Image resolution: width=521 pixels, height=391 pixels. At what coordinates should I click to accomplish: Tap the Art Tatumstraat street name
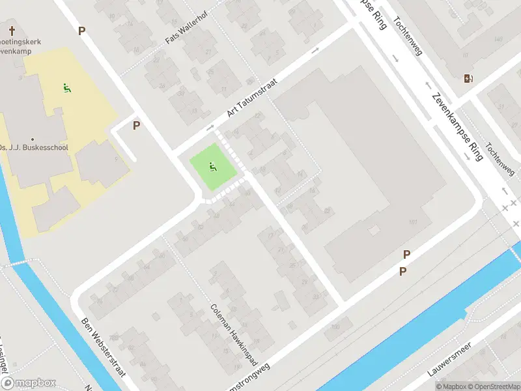pos(252,98)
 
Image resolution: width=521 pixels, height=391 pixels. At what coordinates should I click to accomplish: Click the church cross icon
pos(12,31)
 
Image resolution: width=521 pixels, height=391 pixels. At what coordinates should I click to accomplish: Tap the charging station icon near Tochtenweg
pos(468,79)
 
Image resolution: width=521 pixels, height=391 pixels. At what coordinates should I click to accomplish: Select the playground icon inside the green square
pos(212,168)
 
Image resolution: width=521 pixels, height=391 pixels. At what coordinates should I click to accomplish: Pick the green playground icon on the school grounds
pos(66,87)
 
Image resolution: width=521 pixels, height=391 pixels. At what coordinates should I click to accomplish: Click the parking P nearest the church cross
pos(81,31)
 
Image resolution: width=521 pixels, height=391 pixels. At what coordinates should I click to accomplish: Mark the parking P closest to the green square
pos(136,125)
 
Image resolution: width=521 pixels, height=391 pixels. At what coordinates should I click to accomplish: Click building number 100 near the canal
pos(335,326)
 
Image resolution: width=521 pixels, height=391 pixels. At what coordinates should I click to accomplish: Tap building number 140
pos(498,40)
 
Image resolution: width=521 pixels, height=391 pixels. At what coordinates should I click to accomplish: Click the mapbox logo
pos(29,383)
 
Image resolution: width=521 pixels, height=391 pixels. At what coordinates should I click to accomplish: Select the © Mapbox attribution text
pos(451,386)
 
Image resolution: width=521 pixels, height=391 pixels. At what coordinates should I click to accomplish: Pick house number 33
pos(317,297)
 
